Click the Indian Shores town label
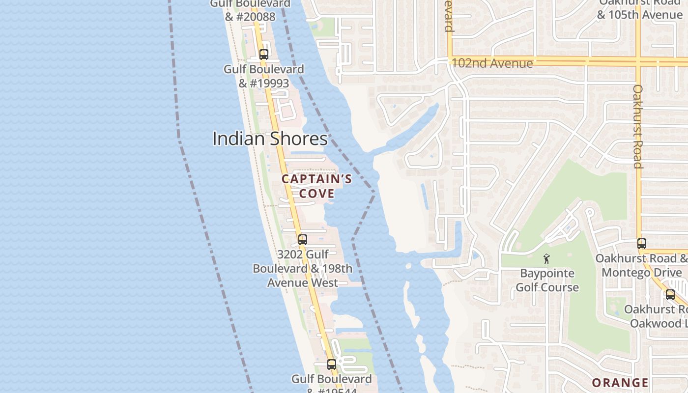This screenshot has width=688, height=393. (x=270, y=139)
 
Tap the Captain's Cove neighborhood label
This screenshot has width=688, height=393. (x=316, y=186)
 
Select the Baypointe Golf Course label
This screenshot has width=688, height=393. (x=547, y=280)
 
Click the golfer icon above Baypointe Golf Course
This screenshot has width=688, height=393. (x=546, y=258)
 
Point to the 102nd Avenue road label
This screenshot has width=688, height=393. (x=492, y=63)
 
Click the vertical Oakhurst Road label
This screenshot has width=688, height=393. (x=637, y=126)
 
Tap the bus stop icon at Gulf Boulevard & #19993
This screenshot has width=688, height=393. (x=264, y=55)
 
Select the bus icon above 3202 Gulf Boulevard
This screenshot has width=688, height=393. (x=303, y=240)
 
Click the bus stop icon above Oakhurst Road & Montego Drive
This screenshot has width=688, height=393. (x=642, y=243)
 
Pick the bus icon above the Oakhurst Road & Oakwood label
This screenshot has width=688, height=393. (x=670, y=295)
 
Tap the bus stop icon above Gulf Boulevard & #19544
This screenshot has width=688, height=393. (x=332, y=365)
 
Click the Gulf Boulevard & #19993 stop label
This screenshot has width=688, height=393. (x=264, y=76)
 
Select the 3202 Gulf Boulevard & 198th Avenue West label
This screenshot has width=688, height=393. (x=303, y=269)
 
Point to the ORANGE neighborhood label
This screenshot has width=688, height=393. (x=620, y=383)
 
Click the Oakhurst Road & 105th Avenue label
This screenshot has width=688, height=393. (x=640, y=9)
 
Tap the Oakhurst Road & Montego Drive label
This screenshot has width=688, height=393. (x=642, y=265)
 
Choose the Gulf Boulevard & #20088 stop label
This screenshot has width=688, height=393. (x=250, y=10)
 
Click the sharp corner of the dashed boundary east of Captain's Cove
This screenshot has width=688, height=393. (x=375, y=192)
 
